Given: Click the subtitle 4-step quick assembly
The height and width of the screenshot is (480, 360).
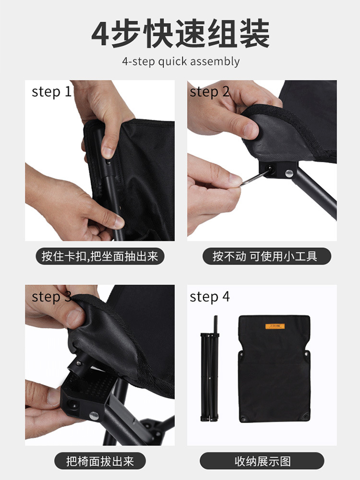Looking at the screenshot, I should (180, 61).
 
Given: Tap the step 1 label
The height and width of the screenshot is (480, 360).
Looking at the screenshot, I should (51, 92).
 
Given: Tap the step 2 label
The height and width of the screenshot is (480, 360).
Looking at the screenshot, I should (209, 92).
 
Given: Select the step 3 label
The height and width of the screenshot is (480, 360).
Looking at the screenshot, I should (51, 297).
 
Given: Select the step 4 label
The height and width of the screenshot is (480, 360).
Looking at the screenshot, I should (210, 297).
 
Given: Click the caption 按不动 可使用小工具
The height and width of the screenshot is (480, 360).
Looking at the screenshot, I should (265, 256).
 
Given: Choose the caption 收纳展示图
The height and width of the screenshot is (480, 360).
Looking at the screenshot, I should (263, 462).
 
